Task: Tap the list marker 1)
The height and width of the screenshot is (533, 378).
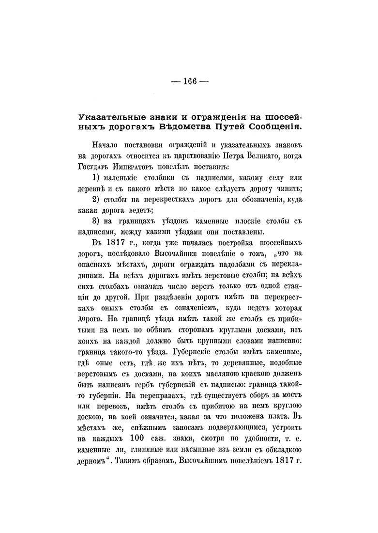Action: click(x=97, y=178)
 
